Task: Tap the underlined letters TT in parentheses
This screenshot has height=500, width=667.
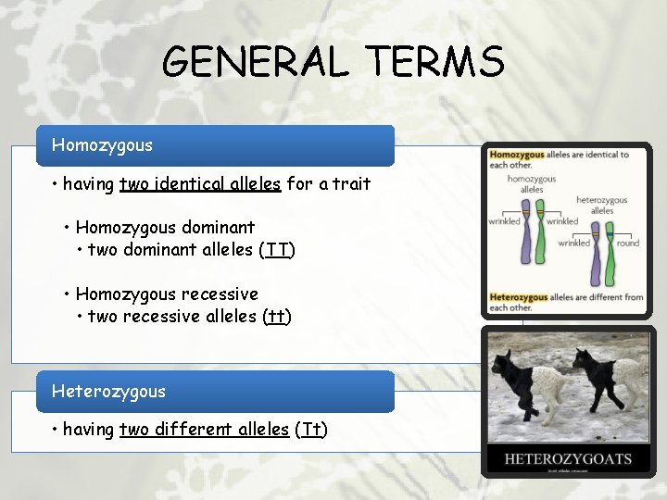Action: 277,250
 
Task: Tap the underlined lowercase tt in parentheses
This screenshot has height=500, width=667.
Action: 275,317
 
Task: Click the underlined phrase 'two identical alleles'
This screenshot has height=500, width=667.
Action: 199,184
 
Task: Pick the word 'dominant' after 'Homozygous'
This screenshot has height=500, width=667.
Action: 218,227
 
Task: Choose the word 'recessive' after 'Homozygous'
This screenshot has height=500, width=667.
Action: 220,294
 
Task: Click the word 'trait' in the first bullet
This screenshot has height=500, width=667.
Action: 351,184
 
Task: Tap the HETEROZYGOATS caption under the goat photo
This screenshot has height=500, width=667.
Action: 568,458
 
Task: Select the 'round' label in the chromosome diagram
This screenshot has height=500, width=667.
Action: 628,243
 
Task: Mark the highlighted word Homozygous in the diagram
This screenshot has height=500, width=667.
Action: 517,155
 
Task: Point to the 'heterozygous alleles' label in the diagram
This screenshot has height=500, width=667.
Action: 601,205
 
